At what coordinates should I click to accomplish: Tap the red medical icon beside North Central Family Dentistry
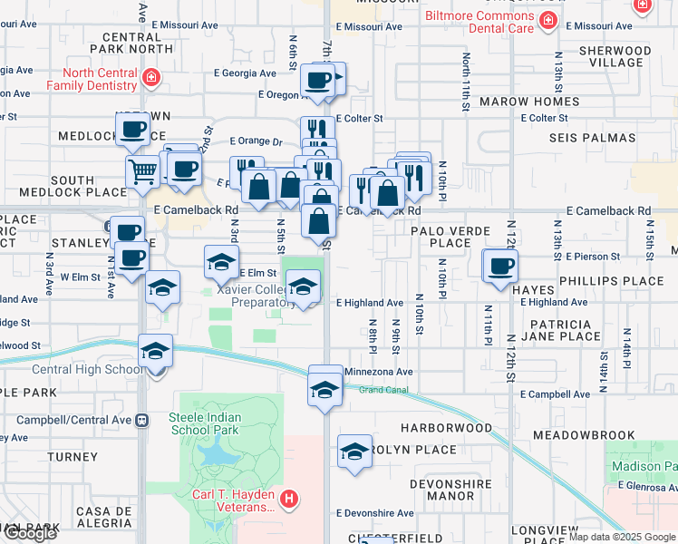point(150,79)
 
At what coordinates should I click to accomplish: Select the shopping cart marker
point(143,171)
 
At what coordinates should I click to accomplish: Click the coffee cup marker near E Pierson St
point(500,267)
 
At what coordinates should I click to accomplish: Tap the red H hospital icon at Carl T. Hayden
point(288,498)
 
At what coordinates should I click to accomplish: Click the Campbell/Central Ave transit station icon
point(141,421)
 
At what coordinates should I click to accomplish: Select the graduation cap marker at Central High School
point(155,352)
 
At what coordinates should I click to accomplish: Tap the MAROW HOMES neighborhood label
point(529,102)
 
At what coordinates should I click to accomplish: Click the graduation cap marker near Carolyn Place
point(355,452)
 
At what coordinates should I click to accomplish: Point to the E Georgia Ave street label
point(245,73)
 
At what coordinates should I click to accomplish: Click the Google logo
point(30,533)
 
